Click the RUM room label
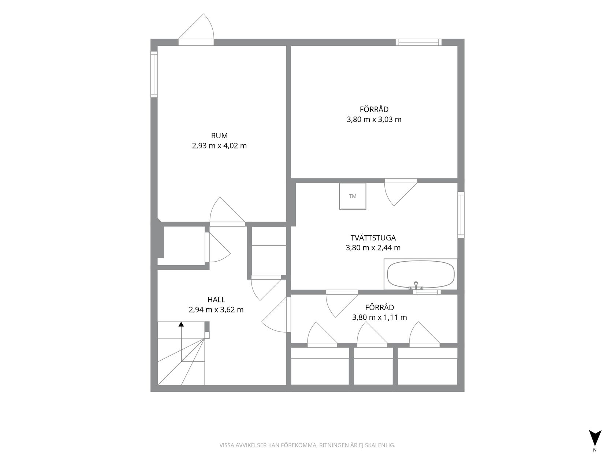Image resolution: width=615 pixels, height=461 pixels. pos(219,136)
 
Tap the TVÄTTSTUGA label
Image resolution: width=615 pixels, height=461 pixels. pos(373,238)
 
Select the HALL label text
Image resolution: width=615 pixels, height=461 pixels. pos(216,300)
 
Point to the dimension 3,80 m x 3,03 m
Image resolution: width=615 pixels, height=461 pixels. pos(374,120)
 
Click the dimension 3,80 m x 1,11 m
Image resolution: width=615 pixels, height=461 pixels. pos(379,318)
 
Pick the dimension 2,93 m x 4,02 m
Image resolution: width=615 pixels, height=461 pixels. pos(219,146)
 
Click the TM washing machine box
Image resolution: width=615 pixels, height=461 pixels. pos(353,196)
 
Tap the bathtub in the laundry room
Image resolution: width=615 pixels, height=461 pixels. pos(421,274)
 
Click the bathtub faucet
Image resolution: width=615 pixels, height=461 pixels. pos(416,285)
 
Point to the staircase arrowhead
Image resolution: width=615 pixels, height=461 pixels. pos(181,324)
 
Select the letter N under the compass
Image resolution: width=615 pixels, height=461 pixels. pos(595,458)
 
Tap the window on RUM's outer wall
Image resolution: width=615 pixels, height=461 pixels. pos(154,74)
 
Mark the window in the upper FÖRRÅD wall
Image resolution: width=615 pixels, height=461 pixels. pos(418,42)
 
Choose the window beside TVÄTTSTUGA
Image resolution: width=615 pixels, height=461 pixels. pos(461,215)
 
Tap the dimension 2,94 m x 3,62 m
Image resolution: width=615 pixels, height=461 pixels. pos(216,310)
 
